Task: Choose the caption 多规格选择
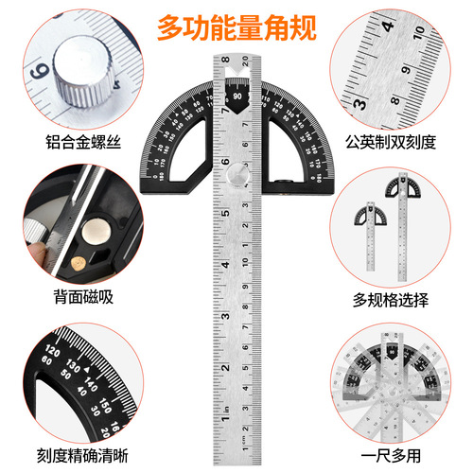pos(402,301)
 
